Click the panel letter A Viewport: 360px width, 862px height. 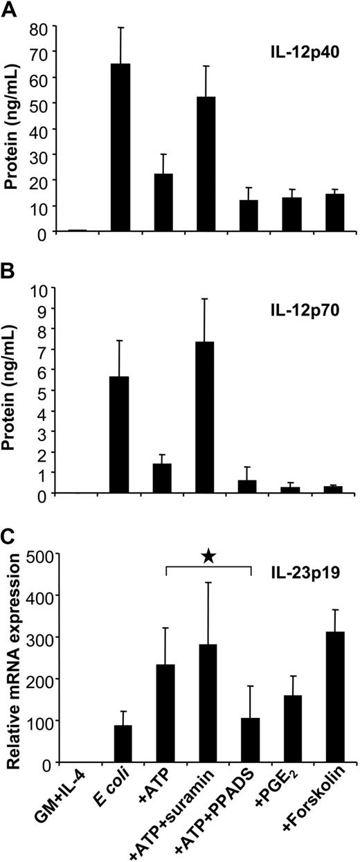click(10, 9)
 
